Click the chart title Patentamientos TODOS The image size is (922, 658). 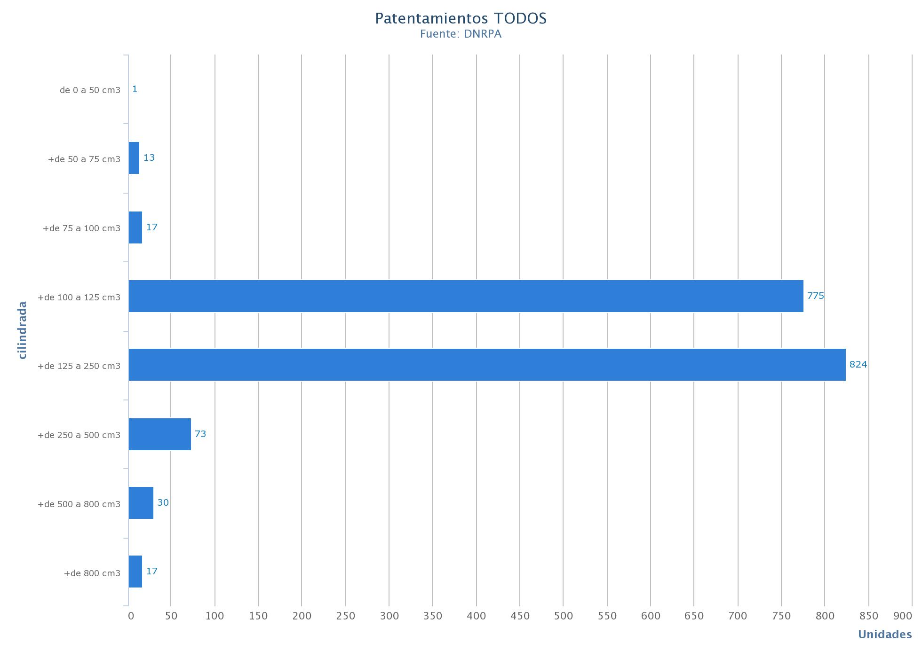tap(461, 18)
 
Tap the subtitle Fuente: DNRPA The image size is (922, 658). tap(461, 34)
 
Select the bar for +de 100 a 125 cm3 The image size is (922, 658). tap(466, 296)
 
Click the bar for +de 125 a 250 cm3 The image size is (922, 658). tap(487, 365)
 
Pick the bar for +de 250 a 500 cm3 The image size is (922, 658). tap(160, 434)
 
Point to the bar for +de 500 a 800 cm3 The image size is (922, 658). tap(141, 503)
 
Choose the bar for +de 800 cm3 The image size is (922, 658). tap(135, 572)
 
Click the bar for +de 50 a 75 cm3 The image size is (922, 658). tap(134, 158)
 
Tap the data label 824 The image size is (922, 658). tap(858, 365)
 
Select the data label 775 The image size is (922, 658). tap(816, 296)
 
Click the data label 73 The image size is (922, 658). tap(200, 434)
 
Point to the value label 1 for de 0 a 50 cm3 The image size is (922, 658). tap(135, 89)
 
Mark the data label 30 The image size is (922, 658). tap(163, 503)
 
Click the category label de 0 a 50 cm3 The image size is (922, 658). tap(90, 90)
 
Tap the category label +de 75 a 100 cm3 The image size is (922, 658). tap(81, 228)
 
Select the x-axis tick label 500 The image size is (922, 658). tap(563, 616)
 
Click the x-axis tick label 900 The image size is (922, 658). tap(902, 616)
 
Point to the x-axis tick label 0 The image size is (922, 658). tap(131, 616)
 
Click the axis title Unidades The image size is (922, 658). tap(884, 635)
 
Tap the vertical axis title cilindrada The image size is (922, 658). tap(22, 330)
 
